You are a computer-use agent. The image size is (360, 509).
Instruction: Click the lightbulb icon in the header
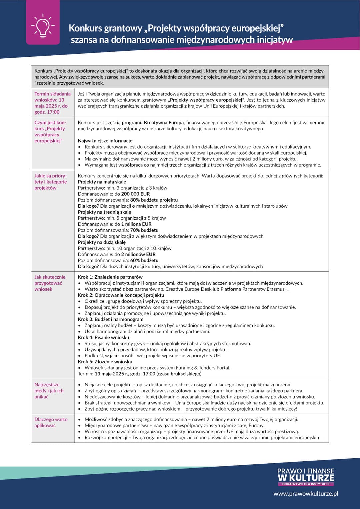pyautogui.click(x=43, y=25)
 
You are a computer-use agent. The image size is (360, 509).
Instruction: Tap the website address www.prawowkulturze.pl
pyautogui.click(x=306, y=494)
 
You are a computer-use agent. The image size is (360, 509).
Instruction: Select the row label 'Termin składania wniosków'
pyautogui.click(x=52, y=103)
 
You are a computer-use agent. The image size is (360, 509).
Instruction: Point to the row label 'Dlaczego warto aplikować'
pyautogui.click(x=51, y=422)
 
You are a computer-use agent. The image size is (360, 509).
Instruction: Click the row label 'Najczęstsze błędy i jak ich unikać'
pyautogui.click(x=49, y=391)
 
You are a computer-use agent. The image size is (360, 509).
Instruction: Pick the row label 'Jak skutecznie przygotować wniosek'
pyautogui.click(x=50, y=283)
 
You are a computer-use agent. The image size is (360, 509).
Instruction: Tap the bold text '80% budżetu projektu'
pyautogui.click(x=154, y=200)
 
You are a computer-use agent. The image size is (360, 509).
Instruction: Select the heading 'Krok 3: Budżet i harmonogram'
pyautogui.click(x=111, y=319)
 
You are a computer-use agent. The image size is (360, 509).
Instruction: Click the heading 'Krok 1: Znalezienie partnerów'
pyautogui.click(x=110, y=277)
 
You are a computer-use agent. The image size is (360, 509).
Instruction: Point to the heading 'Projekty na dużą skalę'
pyautogui.click(x=102, y=242)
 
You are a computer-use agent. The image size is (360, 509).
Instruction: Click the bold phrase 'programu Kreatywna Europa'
pyautogui.click(x=153, y=123)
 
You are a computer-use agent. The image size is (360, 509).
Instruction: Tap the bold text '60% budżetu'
pyautogui.click(x=144, y=260)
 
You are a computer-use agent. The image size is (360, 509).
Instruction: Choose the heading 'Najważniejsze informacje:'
pyautogui.click(x=106, y=141)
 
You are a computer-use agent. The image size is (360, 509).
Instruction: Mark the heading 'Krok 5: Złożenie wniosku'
pyautogui.click(x=105, y=362)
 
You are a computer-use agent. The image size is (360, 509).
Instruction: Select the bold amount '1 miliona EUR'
pyautogui.click(x=138, y=224)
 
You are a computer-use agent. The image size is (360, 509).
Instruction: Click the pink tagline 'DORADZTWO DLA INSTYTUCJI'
pyautogui.click(x=306, y=484)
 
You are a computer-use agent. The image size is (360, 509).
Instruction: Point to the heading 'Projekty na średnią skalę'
pyautogui.click(x=104, y=212)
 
